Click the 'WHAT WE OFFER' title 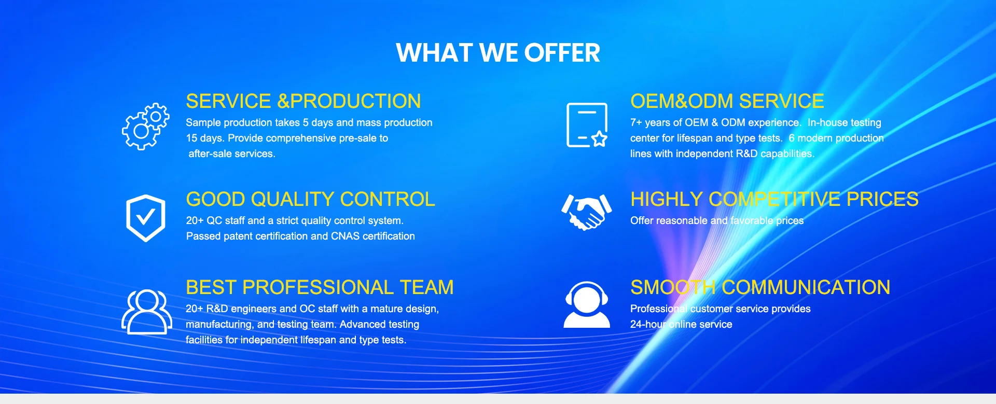pos(498,53)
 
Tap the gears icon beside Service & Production pos(146,127)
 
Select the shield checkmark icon pos(146,218)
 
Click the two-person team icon pos(147,312)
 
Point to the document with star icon pos(587,125)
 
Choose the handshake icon pos(587,212)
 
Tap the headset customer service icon pos(587,304)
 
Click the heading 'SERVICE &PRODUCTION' pos(303,101)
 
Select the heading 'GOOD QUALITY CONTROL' pos(311,199)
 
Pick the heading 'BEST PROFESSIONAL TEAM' pos(320,287)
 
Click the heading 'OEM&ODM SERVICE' pos(727,101)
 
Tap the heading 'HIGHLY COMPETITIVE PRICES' pos(774,199)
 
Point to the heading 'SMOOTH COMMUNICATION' pos(760,287)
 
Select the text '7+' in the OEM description pos(636,123)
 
